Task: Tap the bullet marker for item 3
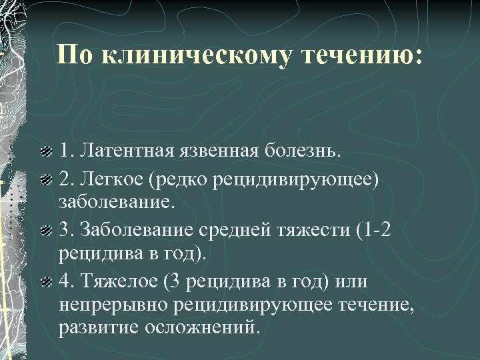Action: pyautogui.click(x=45, y=231)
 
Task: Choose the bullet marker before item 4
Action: pyautogui.click(x=45, y=282)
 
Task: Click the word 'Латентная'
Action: pyautogui.click(x=126, y=150)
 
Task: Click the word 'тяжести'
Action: pyautogui.click(x=310, y=231)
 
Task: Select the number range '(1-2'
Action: pyautogui.click(x=373, y=231)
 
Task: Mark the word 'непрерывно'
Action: pyautogui.click(x=112, y=307)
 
